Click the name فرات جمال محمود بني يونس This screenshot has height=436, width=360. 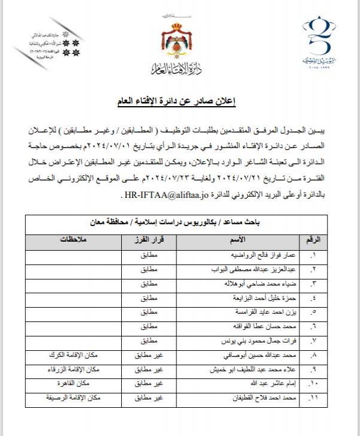(x=265, y=341)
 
